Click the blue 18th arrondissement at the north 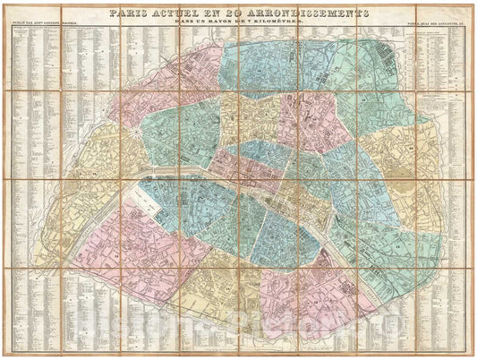268,67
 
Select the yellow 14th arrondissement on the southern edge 224,287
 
